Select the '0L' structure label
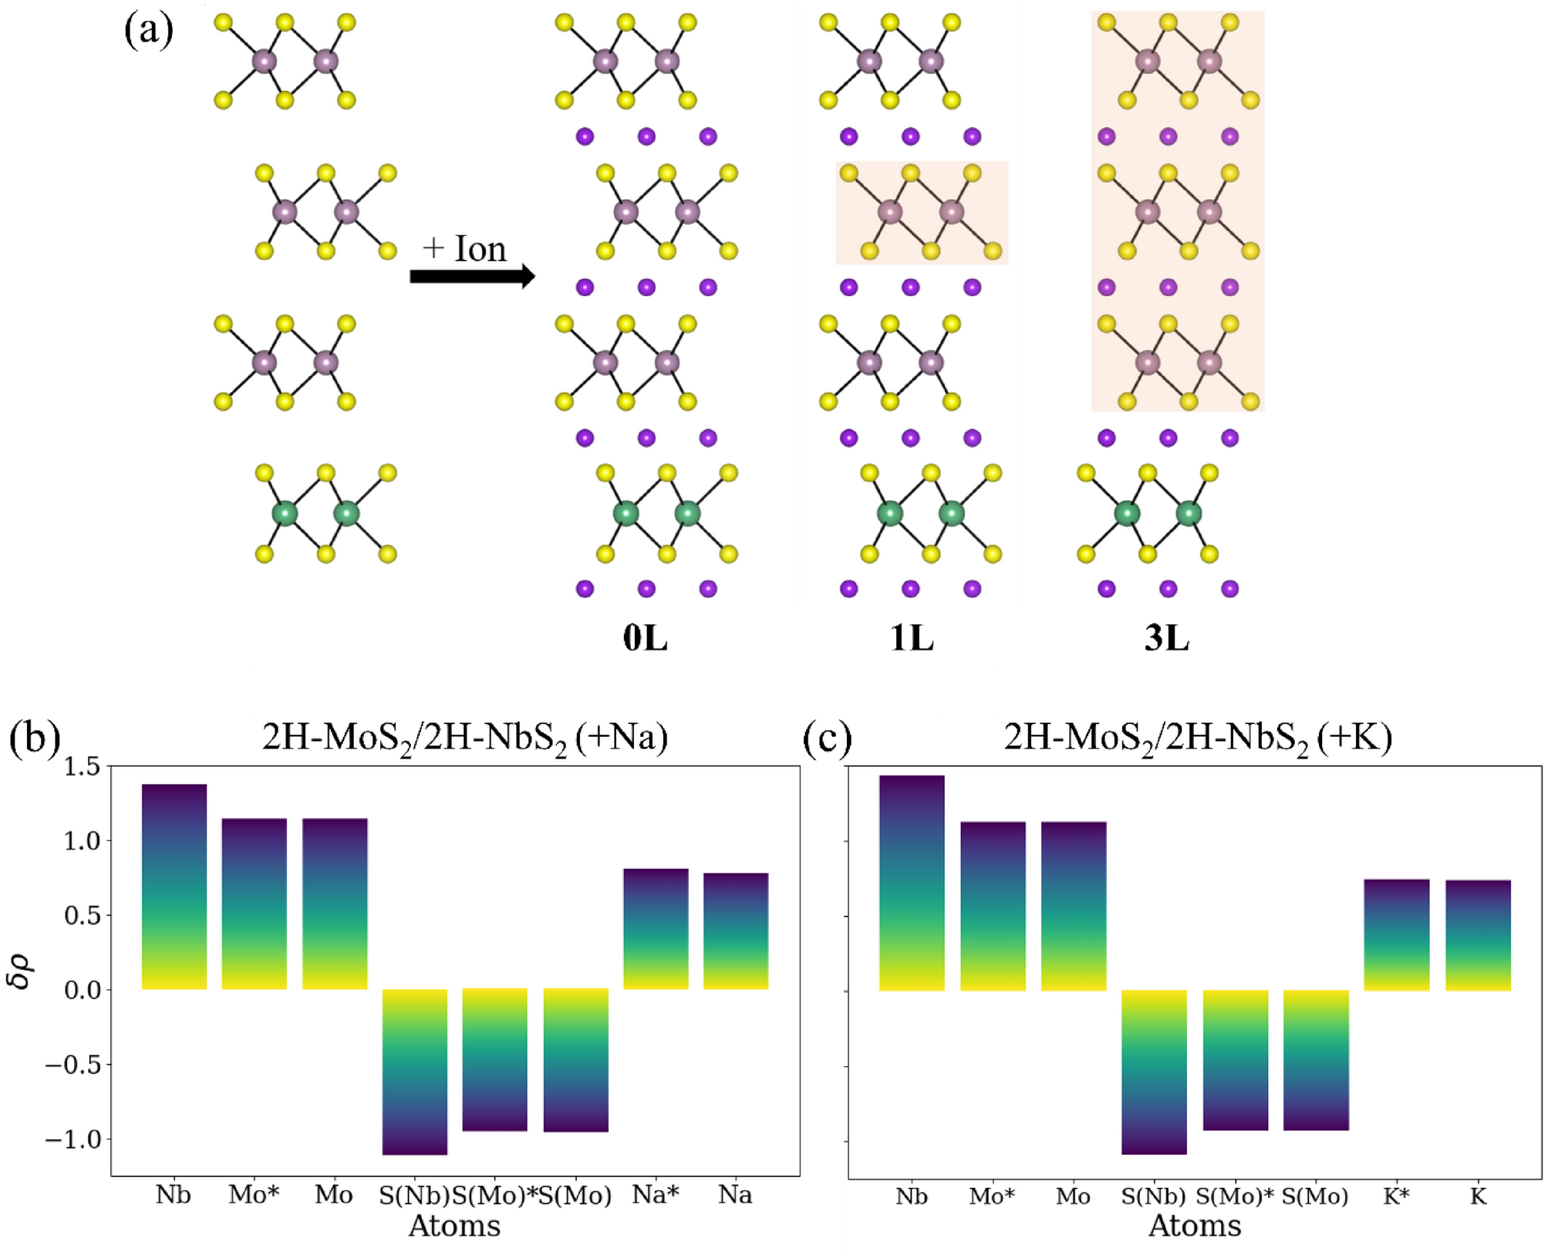click(x=645, y=638)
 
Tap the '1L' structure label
click(x=911, y=638)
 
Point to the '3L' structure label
click(x=1166, y=638)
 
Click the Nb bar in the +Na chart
click(x=174, y=887)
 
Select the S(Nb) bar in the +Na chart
click(x=415, y=1072)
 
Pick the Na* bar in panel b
click(x=656, y=929)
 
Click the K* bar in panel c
click(x=1396, y=934)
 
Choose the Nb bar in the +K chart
click(x=912, y=883)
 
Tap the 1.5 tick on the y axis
click(x=83, y=766)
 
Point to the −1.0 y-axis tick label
click(x=73, y=1139)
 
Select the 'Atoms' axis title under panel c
click(x=1194, y=1225)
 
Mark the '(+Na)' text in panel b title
click(x=622, y=738)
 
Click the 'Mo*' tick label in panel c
click(x=992, y=1196)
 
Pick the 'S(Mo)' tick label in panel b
click(x=575, y=1195)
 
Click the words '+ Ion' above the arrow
click(x=464, y=248)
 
